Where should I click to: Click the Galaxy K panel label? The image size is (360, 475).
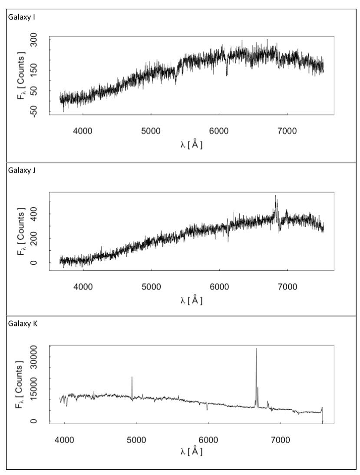click(x=20, y=324)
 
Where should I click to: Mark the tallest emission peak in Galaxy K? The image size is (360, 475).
click(x=256, y=349)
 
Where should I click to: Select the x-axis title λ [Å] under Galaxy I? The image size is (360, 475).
click(x=192, y=145)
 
